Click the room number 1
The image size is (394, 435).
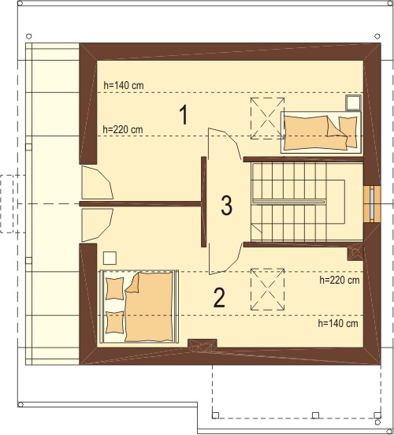pos(184,115)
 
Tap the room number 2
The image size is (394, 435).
pos(219,298)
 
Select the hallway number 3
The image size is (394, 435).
pos(226,206)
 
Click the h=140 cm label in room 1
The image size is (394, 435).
pos(124,85)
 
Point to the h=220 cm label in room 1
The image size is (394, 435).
pos(123,129)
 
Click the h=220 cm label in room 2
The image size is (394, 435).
pos(340,280)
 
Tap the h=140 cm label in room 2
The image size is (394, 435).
pos(338,323)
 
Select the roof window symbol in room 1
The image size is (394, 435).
pos(267,118)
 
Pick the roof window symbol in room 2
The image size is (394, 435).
pos(267,289)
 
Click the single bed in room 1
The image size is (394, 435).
pos(321,132)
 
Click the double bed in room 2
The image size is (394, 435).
pos(139,306)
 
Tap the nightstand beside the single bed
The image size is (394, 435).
pos(353,103)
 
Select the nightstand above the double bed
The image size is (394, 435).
pos(110,258)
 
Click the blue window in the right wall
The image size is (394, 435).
pos(372,203)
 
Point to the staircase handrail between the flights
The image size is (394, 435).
pos(289,202)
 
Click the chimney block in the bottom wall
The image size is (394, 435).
pos(203,345)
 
